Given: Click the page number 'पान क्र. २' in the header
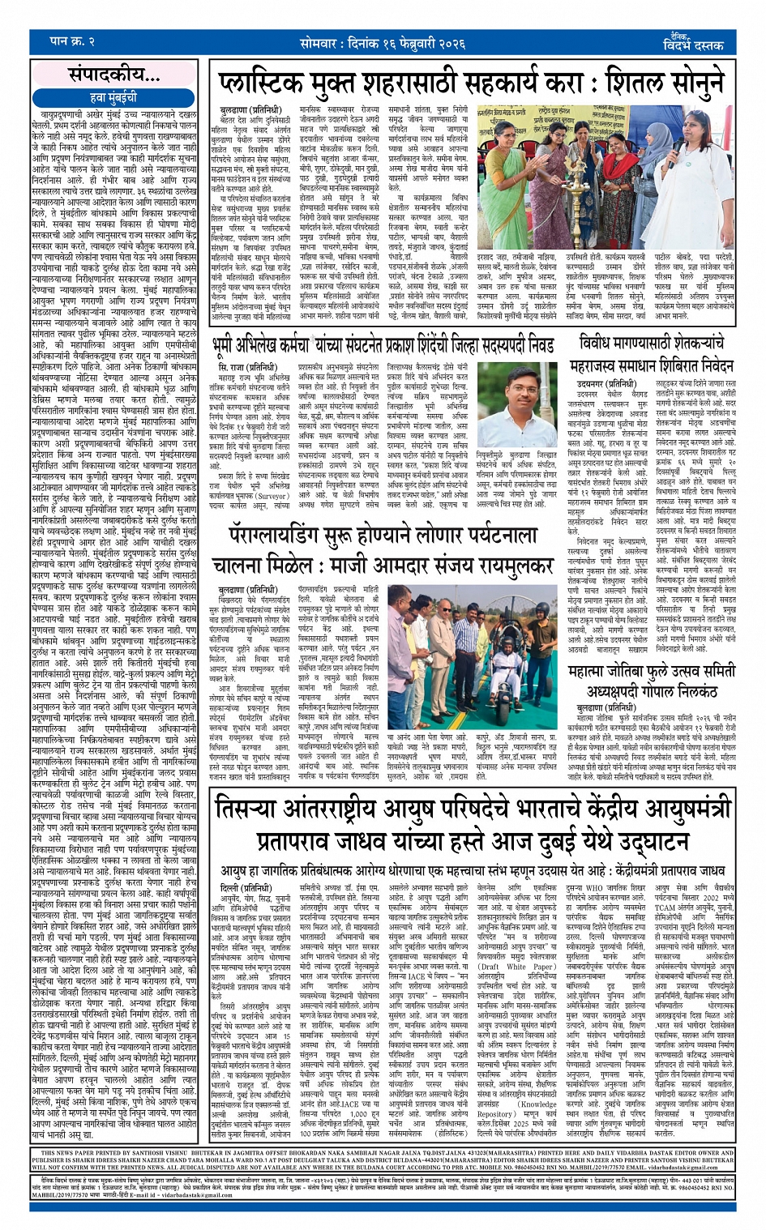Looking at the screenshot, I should coord(72,41).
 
